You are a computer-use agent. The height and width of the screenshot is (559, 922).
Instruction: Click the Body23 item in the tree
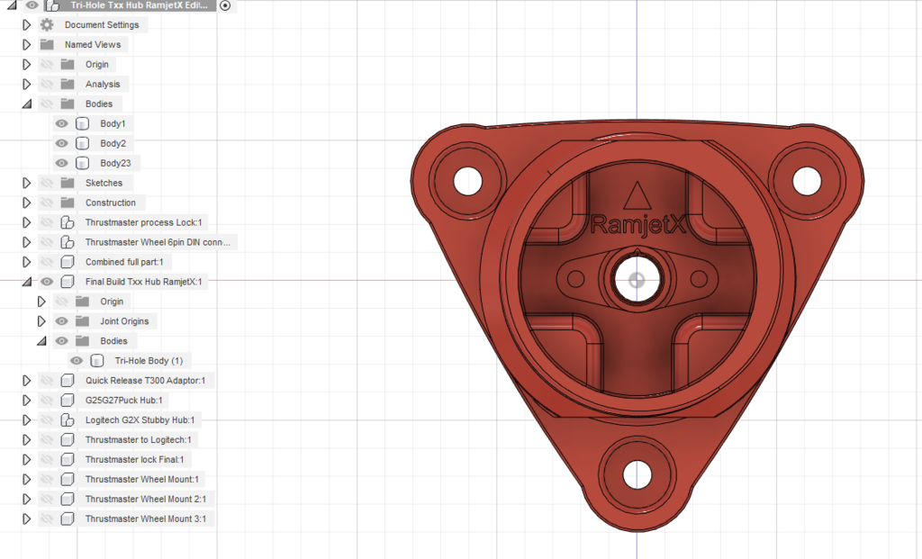coord(115,163)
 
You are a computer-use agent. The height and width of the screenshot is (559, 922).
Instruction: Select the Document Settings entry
coord(101,24)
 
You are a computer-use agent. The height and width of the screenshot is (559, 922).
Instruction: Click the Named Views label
coord(93,44)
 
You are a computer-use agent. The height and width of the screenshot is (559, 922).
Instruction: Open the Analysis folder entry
coord(102,84)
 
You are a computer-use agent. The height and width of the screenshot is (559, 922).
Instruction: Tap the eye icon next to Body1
coord(61,123)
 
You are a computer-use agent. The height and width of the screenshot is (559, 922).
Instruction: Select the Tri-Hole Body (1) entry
coord(148,360)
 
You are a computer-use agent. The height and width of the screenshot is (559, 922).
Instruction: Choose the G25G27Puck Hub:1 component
coord(123,400)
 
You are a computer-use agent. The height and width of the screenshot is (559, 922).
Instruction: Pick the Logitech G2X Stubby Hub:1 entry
coord(139,419)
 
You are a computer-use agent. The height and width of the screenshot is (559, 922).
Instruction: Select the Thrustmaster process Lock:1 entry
coord(145,222)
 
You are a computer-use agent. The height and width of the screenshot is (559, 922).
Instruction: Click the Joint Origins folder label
coord(125,320)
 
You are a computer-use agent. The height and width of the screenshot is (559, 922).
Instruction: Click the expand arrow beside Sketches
coord(26,183)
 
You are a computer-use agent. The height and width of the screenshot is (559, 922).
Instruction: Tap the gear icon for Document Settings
coord(47,24)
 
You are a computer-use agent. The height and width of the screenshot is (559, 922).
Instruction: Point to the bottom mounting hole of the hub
coord(637,473)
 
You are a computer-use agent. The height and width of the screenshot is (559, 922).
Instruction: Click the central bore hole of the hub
coord(637,279)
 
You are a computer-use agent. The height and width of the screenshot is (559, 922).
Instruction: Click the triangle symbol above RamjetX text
coord(637,195)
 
